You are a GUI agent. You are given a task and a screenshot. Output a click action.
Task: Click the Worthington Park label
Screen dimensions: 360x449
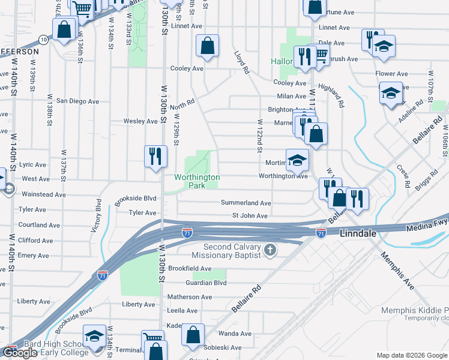(197, 181)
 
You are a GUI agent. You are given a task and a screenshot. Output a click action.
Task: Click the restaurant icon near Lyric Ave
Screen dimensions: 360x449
(155, 157)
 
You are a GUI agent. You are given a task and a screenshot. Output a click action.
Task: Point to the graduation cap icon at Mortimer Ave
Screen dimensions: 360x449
(297, 160)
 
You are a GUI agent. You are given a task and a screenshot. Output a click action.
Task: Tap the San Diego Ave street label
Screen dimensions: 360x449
(77, 101)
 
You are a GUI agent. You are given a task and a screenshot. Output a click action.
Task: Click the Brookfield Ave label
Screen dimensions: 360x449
(190, 268)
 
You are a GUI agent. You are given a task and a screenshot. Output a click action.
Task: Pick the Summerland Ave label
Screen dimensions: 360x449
(246, 203)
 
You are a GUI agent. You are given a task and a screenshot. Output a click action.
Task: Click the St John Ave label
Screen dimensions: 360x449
(250, 215)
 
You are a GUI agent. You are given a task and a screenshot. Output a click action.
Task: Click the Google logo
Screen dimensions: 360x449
(20, 353)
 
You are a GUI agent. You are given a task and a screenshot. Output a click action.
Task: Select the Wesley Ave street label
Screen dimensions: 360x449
(140, 121)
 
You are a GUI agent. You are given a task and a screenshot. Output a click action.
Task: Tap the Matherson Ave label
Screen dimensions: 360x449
(190, 297)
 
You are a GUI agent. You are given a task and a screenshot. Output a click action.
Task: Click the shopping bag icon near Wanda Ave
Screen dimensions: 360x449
(193, 335)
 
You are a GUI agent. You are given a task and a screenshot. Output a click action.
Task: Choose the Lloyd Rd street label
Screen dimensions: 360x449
(241, 62)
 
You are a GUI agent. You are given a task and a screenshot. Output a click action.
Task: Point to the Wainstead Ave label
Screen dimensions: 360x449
(43, 194)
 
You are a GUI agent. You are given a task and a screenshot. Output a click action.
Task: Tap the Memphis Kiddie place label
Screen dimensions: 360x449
(414, 310)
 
